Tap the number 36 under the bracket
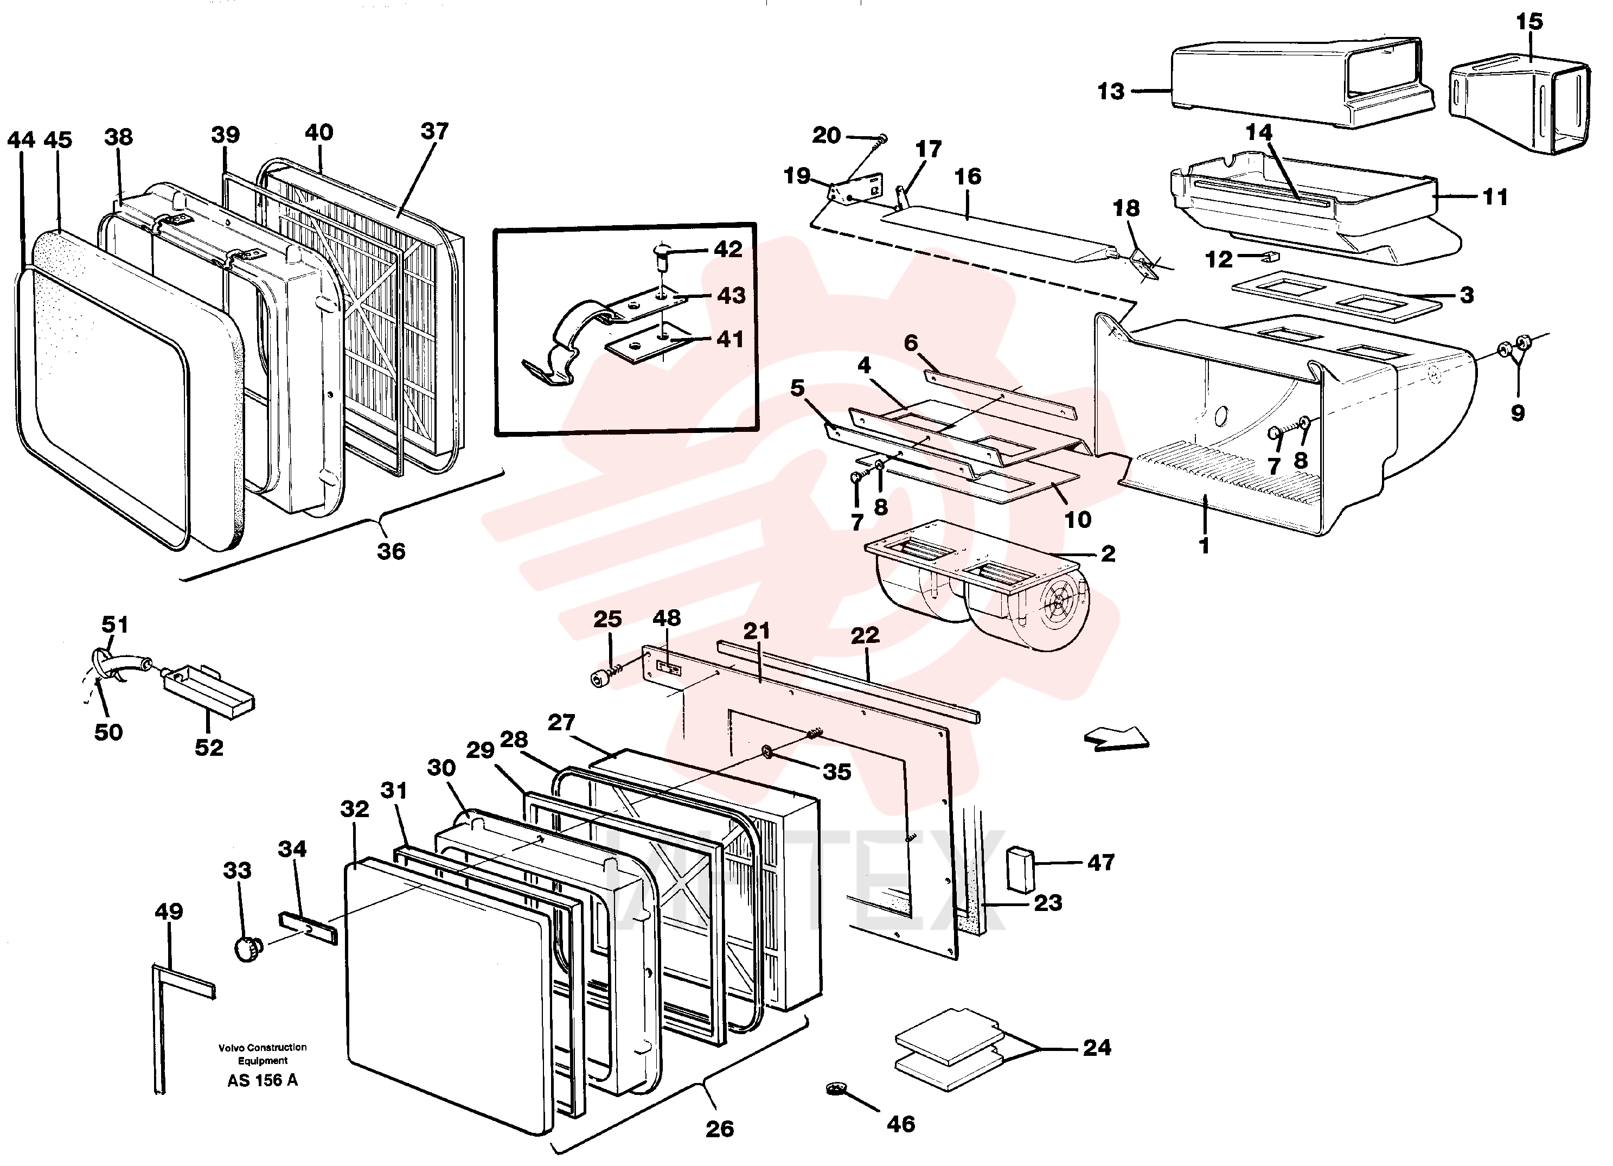(x=391, y=551)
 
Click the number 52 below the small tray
(x=209, y=747)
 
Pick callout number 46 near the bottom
(x=900, y=1124)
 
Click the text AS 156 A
(x=263, y=1081)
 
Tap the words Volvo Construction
(x=263, y=1047)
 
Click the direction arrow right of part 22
(x=1116, y=738)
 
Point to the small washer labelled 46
(x=838, y=1088)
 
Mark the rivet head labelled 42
(x=662, y=260)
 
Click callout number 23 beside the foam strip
(x=1048, y=902)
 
